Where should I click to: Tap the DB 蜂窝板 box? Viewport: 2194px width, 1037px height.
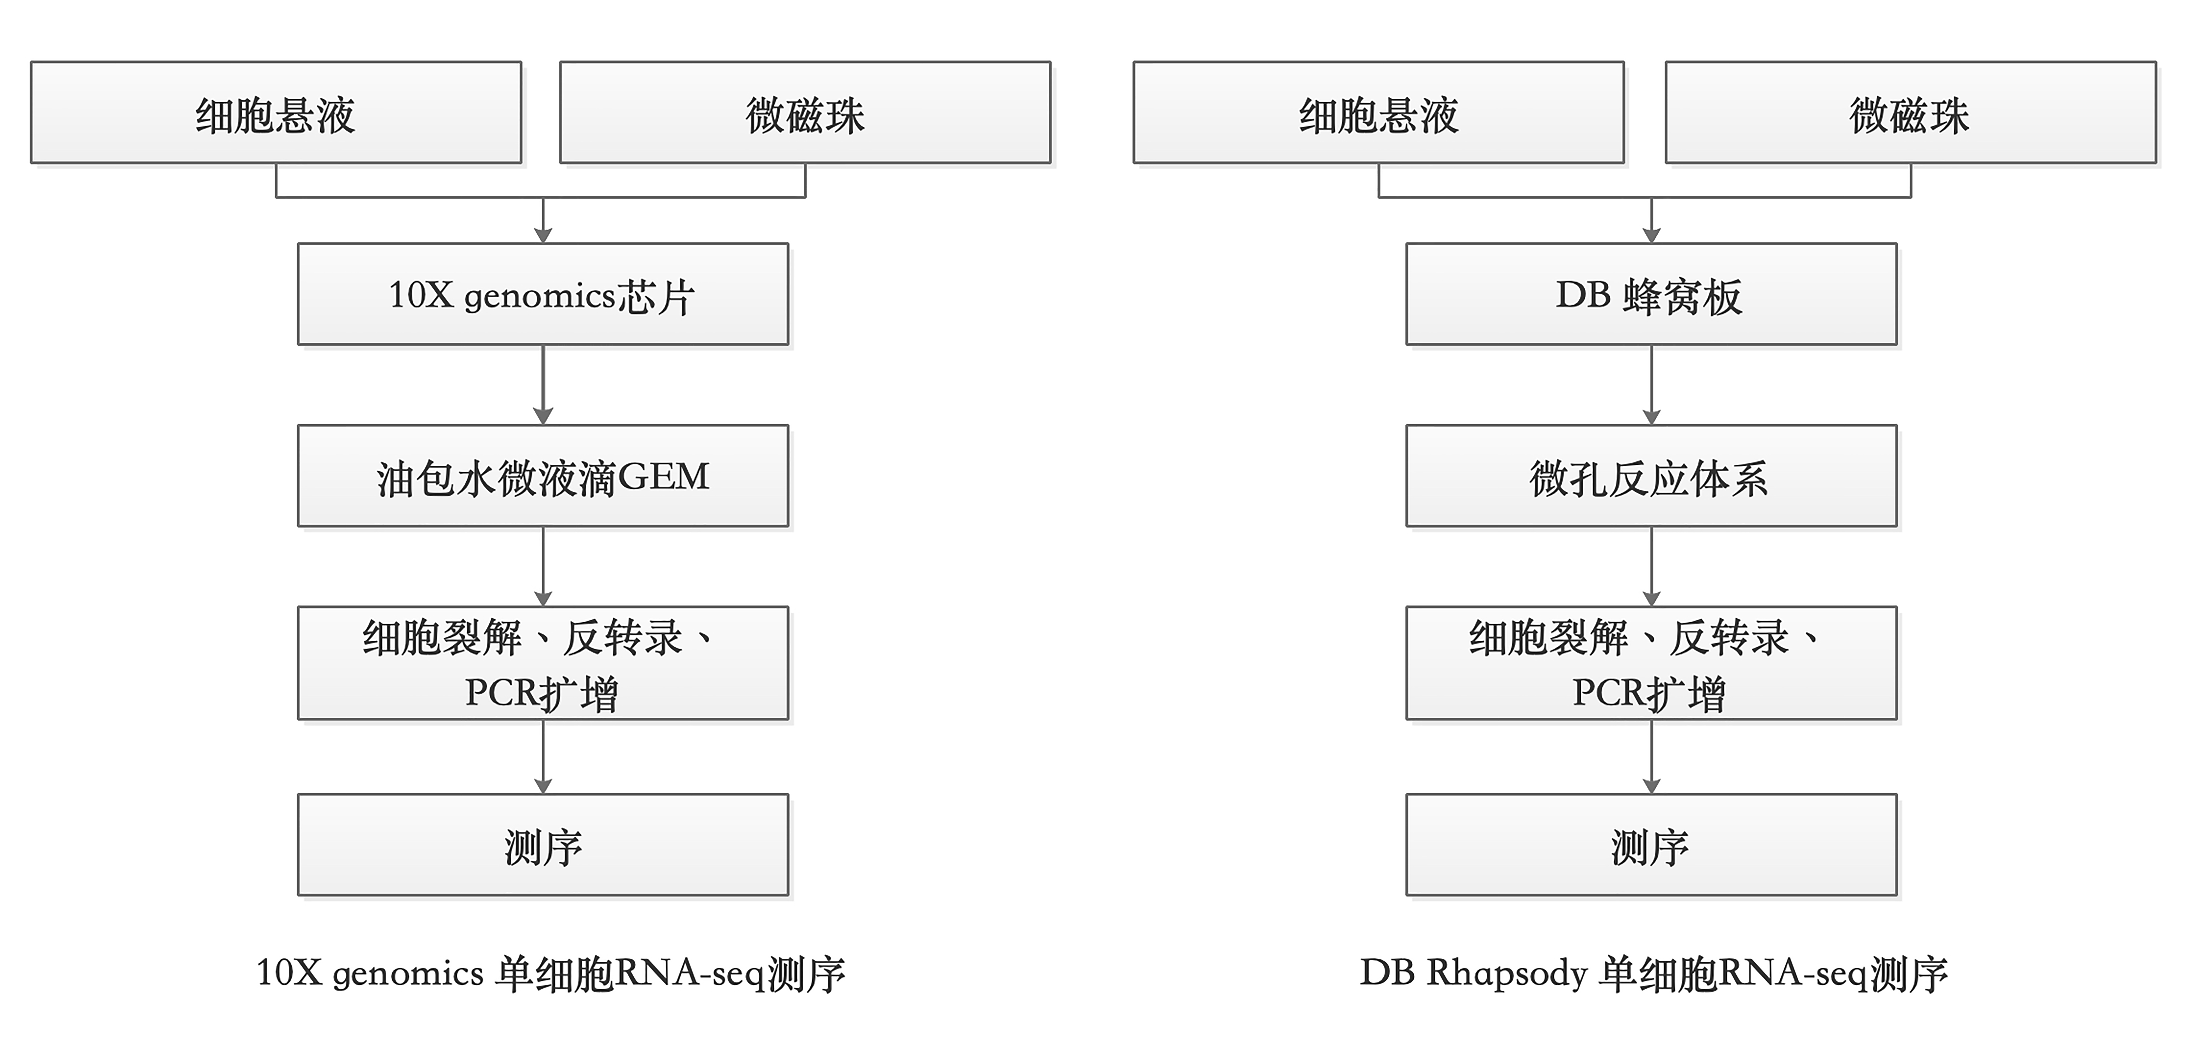[x=1651, y=294]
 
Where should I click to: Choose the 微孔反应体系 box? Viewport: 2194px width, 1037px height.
[x=1651, y=475]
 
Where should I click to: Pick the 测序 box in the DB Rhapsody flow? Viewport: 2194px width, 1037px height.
[x=1651, y=844]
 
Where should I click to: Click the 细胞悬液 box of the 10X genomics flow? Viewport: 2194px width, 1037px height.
[x=276, y=112]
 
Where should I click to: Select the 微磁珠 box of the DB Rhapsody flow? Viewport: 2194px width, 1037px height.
[x=1910, y=112]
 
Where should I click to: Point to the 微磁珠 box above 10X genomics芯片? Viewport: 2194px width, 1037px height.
[x=805, y=112]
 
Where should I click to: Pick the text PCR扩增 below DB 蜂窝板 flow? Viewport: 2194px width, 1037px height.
[x=1649, y=693]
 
